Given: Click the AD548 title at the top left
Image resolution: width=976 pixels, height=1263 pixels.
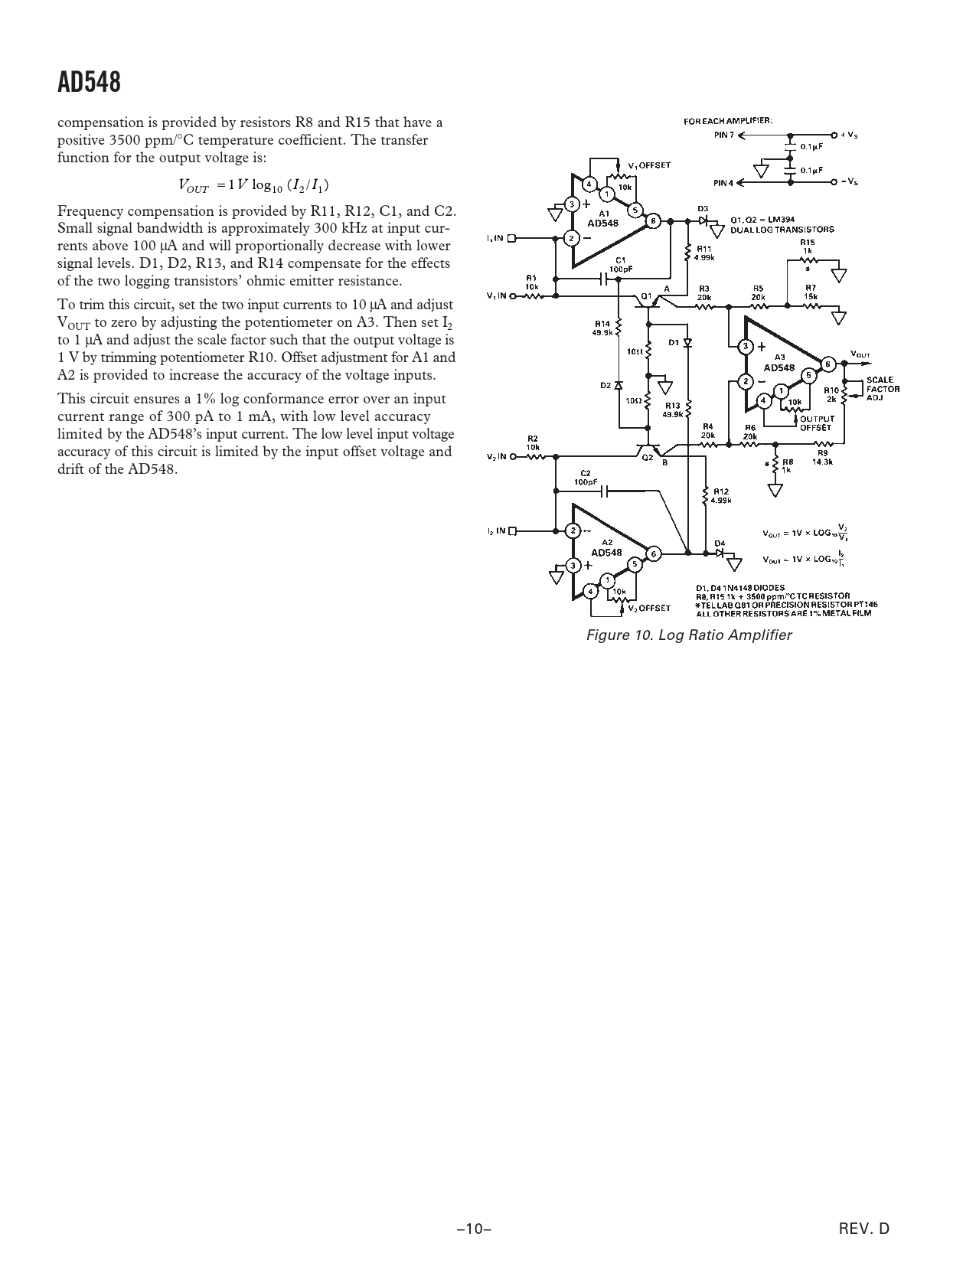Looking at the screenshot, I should pyautogui.click(x=90, y=83).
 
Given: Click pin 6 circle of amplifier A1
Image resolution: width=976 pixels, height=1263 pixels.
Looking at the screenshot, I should pyautogui.click(x=653, y=221).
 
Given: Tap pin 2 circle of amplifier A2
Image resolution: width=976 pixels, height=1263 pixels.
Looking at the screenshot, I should pyautogui.click(x=572, y=530).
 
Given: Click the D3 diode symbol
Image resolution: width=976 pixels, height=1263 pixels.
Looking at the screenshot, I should pyautogui.click(x=702, y=220).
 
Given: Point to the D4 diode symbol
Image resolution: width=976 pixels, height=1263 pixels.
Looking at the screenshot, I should pyautogui.click(x=720, y=552).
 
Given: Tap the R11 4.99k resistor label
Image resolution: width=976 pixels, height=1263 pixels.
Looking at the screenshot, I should pyautogui.click(x=703, y=253).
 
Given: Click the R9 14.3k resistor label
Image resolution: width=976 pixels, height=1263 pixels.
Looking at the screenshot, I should pyautogui.click(x=822, y=457).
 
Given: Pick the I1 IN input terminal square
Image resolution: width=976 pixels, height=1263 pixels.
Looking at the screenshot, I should pyautogui.click(x=512, y=238).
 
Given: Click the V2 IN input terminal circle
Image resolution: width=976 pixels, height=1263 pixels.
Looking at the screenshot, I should pyautogui.click(x=512, y=457).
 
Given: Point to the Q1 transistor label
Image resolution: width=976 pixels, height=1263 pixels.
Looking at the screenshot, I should pyautogui.click(x=646, y=295).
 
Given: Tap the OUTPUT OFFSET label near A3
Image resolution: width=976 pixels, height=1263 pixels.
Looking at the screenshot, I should pyautogui.click(x=814, y=423).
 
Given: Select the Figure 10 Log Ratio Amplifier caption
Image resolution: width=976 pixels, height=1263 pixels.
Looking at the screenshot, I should pyautogui.click(x=688, y=635).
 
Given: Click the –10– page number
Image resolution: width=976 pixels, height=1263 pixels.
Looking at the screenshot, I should pyautogui.click(x=473, y=1229).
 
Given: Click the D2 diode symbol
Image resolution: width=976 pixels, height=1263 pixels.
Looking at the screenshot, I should pyautogui.click(x=619, y=385).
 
